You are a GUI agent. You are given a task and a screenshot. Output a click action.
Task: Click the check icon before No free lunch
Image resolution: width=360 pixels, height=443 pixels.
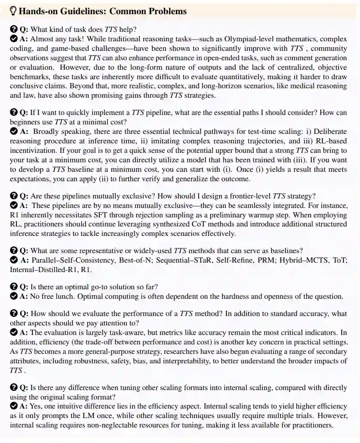coord(13,297)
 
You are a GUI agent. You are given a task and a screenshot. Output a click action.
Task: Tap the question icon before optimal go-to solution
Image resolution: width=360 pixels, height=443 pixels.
coord(13,287)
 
